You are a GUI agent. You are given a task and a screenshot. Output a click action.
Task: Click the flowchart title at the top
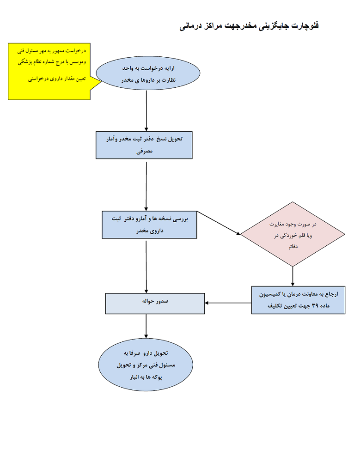pos(250,26)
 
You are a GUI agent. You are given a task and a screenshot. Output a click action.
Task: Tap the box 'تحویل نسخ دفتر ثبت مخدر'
pos(144,145)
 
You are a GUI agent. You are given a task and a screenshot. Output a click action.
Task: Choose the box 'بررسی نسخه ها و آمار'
pos(149,225)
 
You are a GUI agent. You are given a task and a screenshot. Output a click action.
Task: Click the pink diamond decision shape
pos(292,234)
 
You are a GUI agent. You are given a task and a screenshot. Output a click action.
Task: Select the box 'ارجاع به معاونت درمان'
pos(298,300)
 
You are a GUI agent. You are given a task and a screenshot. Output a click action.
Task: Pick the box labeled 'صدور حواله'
pos(155,303)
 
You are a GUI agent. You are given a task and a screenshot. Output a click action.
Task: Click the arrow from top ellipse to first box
pos(146,111)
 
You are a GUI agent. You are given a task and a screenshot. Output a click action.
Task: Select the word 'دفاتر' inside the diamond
pos(292,248)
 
